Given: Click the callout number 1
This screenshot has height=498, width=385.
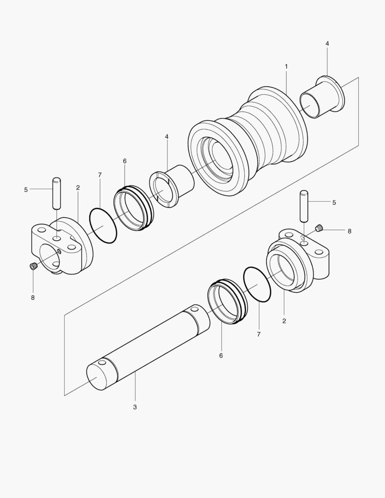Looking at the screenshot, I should coord(286,66).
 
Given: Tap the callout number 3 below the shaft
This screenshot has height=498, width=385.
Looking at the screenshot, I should coord(135,407).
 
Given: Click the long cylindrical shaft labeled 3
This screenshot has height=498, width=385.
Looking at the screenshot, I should coord(148,346).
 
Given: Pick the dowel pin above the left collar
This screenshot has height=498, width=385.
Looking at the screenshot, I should coord(57,193).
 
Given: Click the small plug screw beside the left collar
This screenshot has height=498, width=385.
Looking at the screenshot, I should coord(33,266).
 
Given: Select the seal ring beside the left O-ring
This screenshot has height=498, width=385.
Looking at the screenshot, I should coord(132,208).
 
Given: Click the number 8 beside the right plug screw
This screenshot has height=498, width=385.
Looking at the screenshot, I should coord(349,231).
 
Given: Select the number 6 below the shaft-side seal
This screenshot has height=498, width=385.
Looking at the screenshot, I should coord(221,356).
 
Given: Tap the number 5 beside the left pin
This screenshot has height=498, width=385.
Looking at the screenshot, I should coord(26,189).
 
